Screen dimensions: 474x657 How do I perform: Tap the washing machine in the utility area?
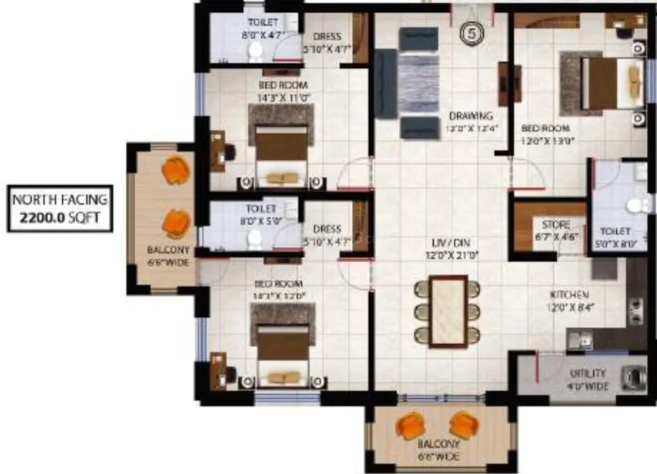coord(634,376)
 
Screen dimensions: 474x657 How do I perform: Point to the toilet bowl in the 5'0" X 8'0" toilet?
coord(637,205)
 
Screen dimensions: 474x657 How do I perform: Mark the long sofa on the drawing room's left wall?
coord(386,84)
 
